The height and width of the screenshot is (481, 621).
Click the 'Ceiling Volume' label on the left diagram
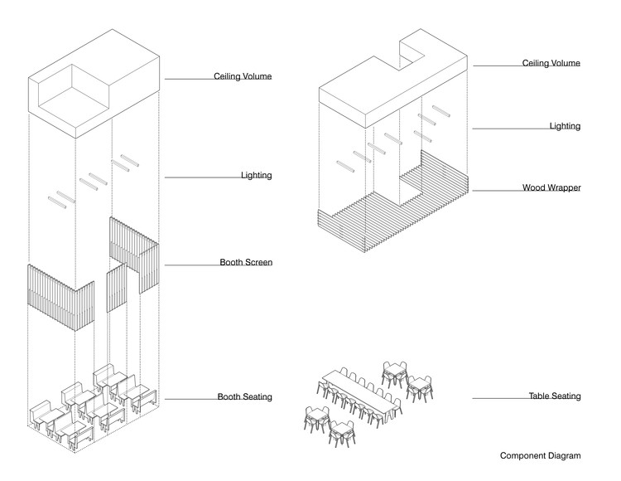coord(243,77)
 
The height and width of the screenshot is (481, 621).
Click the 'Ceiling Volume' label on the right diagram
coord(551,63)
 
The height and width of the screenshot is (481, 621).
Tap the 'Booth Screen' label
coord(246,263)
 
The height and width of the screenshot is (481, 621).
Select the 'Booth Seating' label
coord(245,397)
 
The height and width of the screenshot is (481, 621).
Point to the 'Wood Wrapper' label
coord(551,188)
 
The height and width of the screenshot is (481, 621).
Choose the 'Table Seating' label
coord(555,396)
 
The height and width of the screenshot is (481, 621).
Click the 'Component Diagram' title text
coord(541,456)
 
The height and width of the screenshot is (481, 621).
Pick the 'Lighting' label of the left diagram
coord(257,176)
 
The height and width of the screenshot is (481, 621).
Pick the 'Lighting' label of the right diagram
coord(565,126)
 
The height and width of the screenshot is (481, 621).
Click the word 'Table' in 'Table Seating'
coord(540,396)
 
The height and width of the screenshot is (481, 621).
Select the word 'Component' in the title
coord(522,456)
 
